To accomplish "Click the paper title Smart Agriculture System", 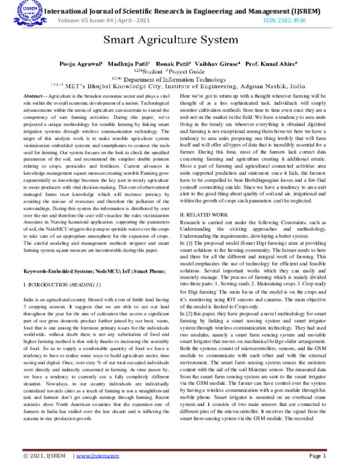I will [x=179, y=41].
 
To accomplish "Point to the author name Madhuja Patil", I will [x=128, y=63].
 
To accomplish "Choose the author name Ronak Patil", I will [x=173, y=63].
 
